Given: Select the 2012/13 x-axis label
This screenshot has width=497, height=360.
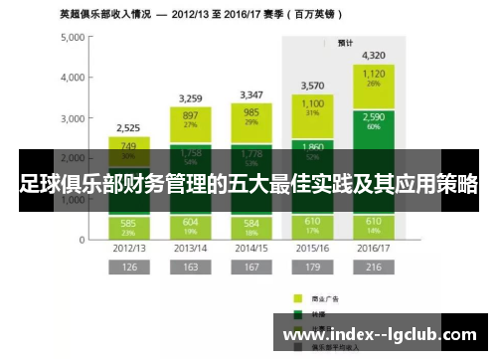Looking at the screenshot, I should coord(128,248).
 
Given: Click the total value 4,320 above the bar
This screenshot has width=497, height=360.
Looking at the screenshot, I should coord(374,56).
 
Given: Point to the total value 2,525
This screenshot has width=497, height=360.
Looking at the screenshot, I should coord(128,128).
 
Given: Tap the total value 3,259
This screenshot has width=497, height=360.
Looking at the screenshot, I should coord(191,98).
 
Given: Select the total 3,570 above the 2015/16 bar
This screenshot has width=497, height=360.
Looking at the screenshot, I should coord(312,86).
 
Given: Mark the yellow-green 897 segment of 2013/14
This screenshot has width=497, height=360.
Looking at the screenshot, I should coord(191,119).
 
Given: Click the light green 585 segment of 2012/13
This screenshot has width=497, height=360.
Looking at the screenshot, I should coord(128,226).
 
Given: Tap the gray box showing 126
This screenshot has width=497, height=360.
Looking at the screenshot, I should coord(128,268).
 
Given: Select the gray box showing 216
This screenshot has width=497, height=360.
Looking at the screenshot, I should coord(374,268).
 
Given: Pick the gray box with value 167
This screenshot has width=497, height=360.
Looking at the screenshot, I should coord(251,268).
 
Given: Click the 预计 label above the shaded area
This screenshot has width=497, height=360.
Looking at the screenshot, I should coord(346,43).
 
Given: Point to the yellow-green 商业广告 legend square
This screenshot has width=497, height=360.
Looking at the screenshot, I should coord(296,297).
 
